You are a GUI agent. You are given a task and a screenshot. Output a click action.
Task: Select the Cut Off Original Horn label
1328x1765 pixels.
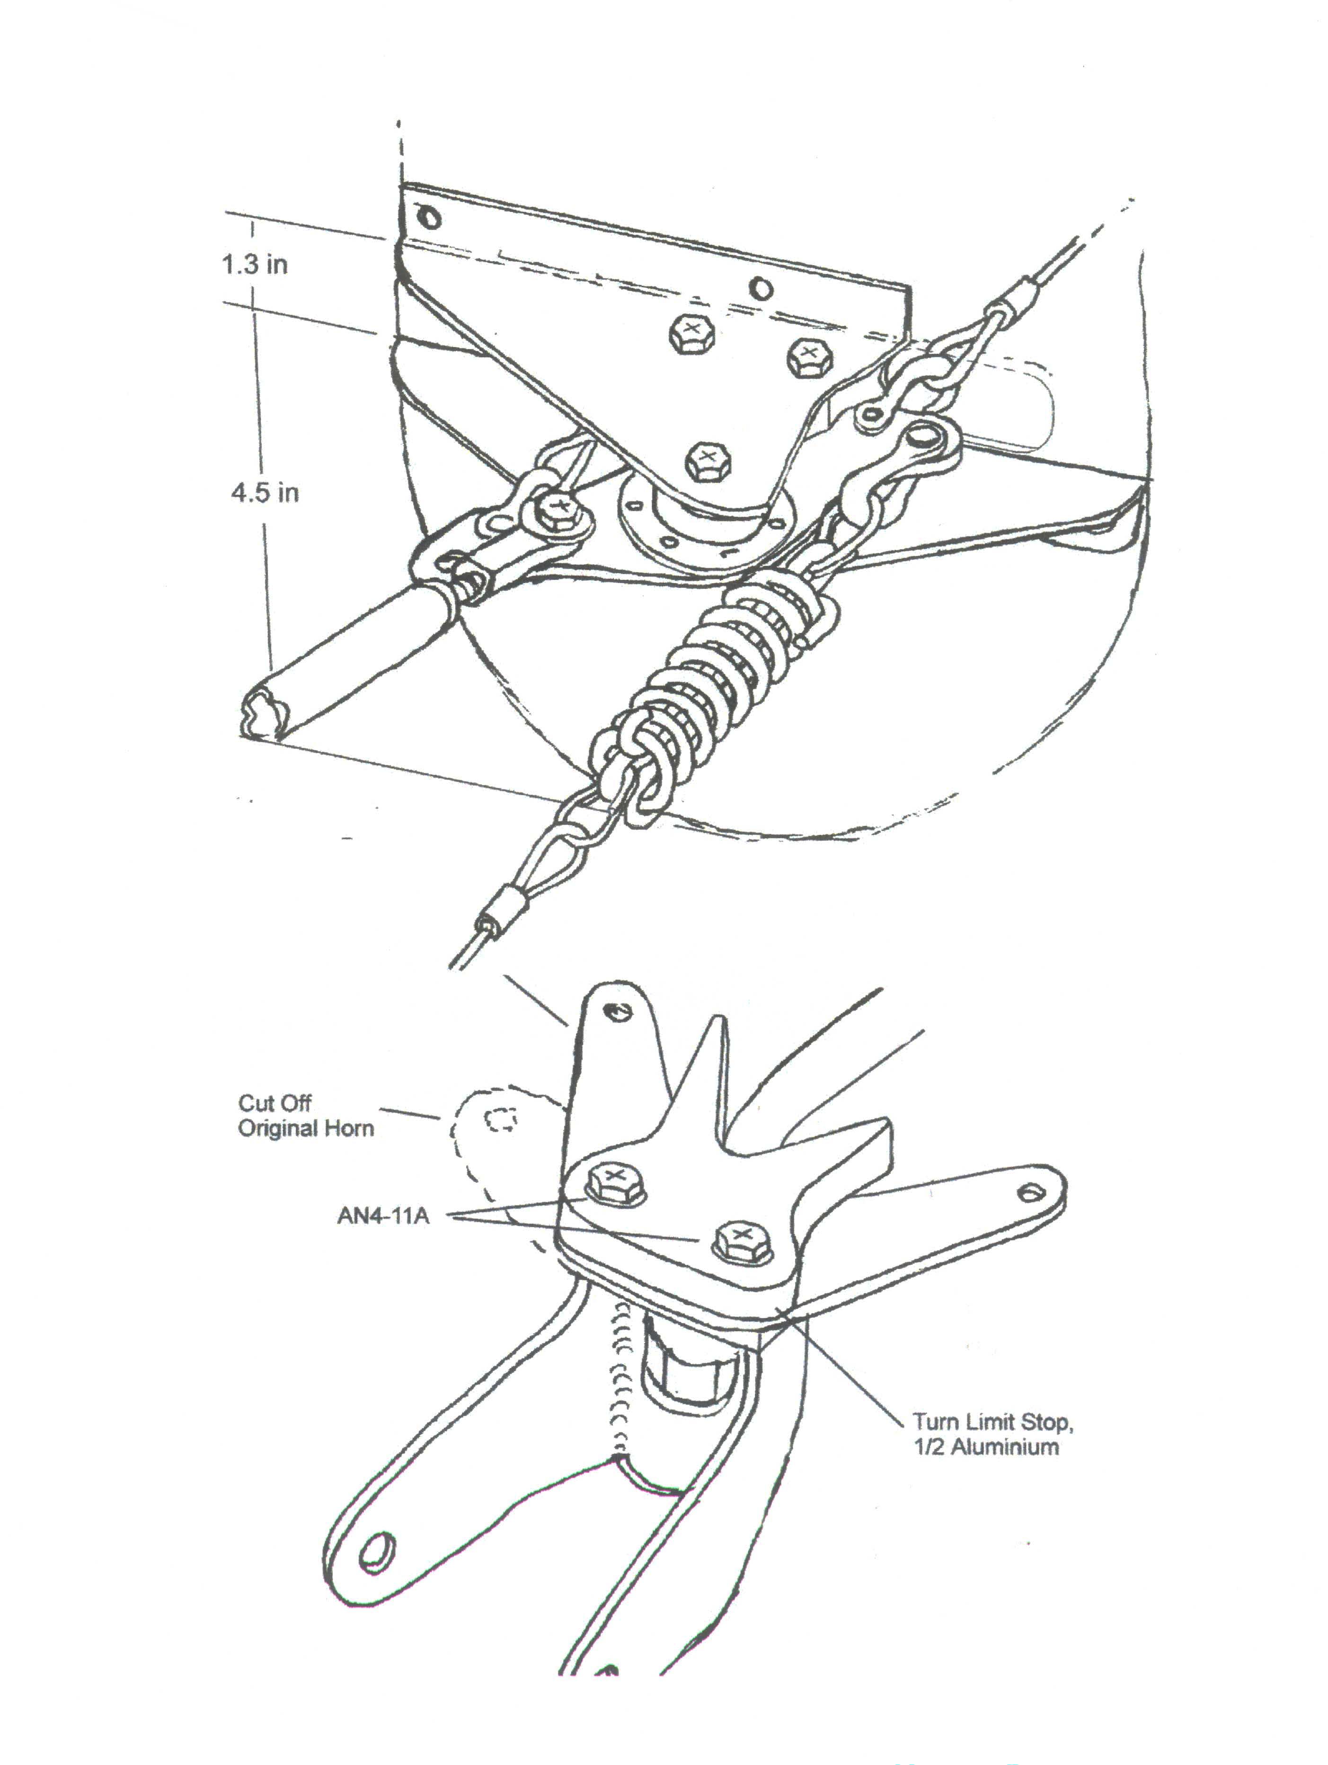pos(306,1116)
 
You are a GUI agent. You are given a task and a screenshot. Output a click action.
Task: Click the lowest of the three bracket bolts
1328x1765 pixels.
pos(707,461)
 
